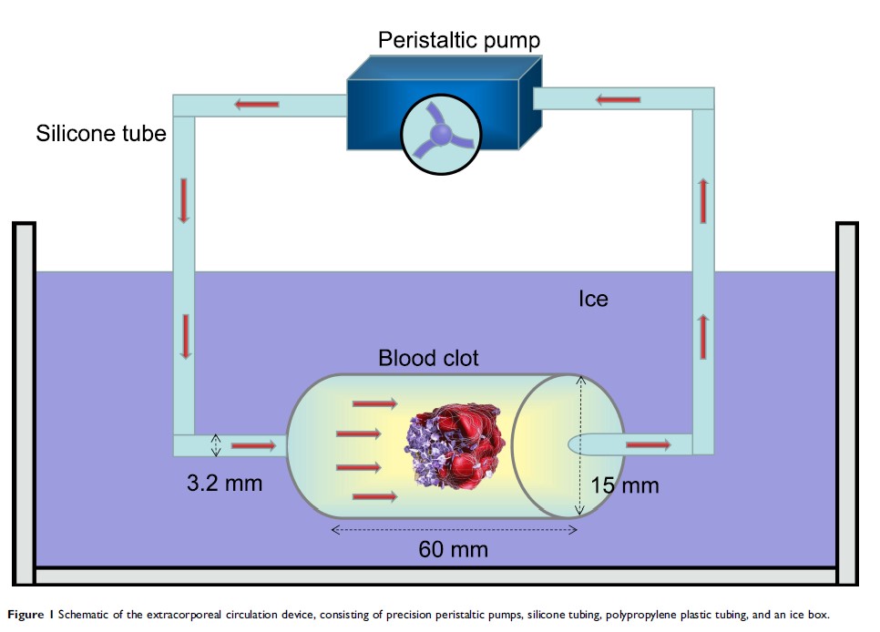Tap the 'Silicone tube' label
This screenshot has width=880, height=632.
click(x=101, y=134)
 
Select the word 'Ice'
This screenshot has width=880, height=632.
click(x=593, y=299)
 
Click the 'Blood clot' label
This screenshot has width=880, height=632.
click(x=428, y=358)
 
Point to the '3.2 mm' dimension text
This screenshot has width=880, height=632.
click(x=224, y=483)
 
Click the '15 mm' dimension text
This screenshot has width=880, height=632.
click(x=625, y=485)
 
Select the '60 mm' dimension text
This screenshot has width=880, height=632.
click(x=453, y=549)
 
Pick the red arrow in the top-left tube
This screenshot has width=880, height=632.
click(x=257, y=104)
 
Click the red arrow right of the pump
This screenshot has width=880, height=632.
click(x=619, y=97)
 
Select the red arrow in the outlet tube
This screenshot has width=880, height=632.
click(x=648, y=444)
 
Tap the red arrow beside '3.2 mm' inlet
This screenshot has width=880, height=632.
click(x=253, y=445)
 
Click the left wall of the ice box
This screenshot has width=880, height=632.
click(x=25, y=401)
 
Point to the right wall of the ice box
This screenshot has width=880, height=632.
click(x=847, y=401)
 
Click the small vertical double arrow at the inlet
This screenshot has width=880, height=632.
click(x=216, y=444)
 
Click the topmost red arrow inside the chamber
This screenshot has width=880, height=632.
click(x=373, y=403)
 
